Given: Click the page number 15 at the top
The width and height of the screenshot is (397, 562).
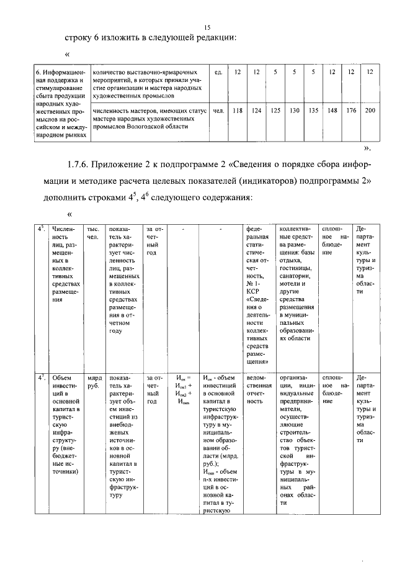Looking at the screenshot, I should pos(207,27).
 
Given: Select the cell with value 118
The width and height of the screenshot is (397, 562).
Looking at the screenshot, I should pos(237,111).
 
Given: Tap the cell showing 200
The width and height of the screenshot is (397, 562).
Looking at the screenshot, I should pos(370,111).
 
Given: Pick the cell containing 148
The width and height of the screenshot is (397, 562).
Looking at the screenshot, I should pos(332,111).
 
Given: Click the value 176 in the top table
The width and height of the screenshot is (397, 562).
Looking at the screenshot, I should pos(352,111).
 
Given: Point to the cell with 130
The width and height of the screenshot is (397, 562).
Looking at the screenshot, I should pos(295,111).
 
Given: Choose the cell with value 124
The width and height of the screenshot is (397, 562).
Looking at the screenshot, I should pos(256,111).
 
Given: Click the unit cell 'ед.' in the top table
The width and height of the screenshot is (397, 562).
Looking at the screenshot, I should pos(218,73).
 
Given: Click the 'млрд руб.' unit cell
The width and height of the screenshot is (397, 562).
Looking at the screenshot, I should pos(94,381).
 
